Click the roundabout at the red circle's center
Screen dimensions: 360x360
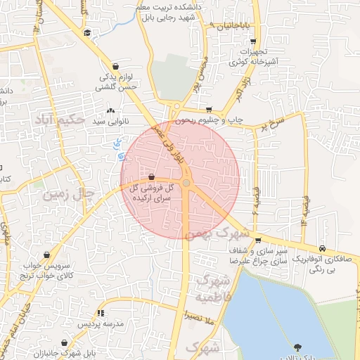[186, 183]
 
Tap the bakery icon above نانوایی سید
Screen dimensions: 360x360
[110, 110]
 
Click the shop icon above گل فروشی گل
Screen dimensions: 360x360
[151, 177]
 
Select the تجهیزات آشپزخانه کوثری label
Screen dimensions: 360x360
[252, 58]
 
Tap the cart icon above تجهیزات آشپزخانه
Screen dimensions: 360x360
[252, 41]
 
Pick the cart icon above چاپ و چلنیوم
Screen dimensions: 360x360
[209, 109]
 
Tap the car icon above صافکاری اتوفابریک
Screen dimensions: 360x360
[321, 247]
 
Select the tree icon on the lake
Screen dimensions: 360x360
[297, 346]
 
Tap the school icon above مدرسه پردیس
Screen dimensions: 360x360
[101, 313]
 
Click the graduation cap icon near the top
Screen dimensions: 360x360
[86, 32]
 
